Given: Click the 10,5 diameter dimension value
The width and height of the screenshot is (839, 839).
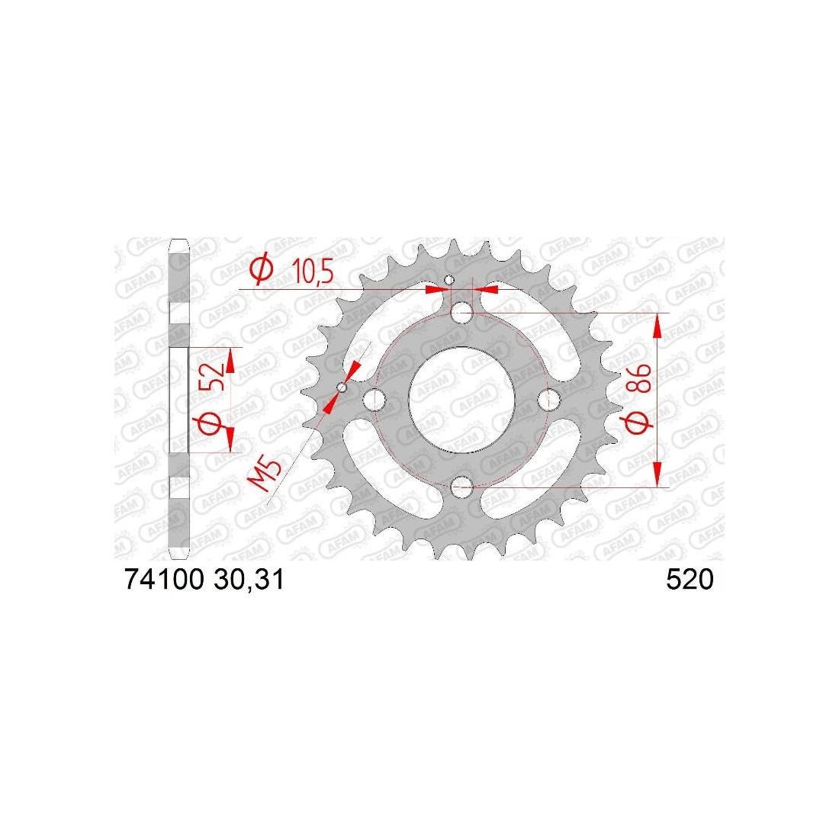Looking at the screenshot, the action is click(x=313, y=273).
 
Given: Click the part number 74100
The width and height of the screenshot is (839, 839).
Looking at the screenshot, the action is click(x=164, y=580).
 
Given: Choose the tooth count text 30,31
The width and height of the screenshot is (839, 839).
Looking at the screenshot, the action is click(x=249, y=580).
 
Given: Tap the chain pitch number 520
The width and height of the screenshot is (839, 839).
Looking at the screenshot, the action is click(x=690, y=580).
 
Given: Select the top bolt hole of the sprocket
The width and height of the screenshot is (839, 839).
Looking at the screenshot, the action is click(x=461, y=313).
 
